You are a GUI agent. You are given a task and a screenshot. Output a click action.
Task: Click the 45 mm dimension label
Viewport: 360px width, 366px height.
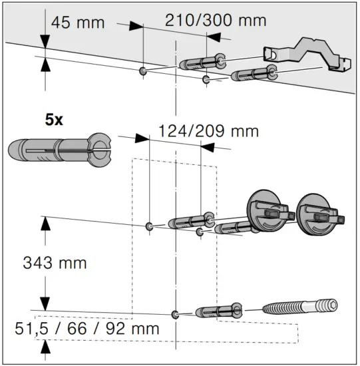coord(78,23)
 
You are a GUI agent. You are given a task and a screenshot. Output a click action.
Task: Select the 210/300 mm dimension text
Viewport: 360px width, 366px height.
coord(216,21)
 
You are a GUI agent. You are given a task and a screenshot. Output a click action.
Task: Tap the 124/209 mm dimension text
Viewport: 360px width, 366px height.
coord(208,131)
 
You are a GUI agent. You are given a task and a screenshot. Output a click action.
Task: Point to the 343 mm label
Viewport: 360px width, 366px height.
coord(55,263)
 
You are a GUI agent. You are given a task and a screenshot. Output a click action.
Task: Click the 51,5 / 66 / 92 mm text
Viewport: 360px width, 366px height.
coord(87,329)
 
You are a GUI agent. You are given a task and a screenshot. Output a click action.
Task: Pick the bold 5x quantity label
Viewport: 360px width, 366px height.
coord(54,120)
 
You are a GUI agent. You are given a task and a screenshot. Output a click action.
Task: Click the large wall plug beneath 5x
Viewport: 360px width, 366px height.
coord(59,150)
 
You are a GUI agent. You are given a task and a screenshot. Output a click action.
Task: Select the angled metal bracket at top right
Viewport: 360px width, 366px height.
coord(307,54)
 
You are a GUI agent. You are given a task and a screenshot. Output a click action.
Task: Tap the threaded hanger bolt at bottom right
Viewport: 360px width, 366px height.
coord(300,307)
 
